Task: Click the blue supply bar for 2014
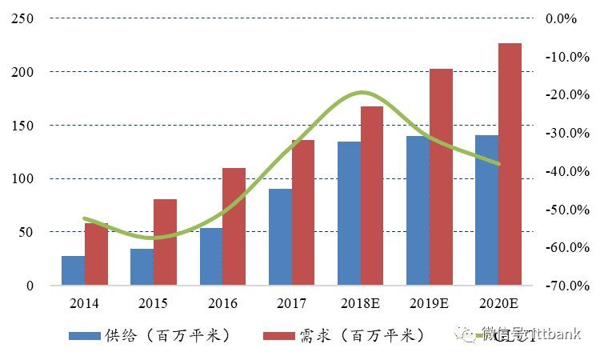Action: (x=73, y=270)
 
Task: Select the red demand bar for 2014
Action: (x=96, y=254)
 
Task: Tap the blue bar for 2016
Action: (x=211, y=256)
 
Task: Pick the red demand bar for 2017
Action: (x=303, y=213)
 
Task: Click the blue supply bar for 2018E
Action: (x=349, y=213)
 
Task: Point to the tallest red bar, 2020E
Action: (x=510, y=164)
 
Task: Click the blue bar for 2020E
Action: (x=486, y=210)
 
